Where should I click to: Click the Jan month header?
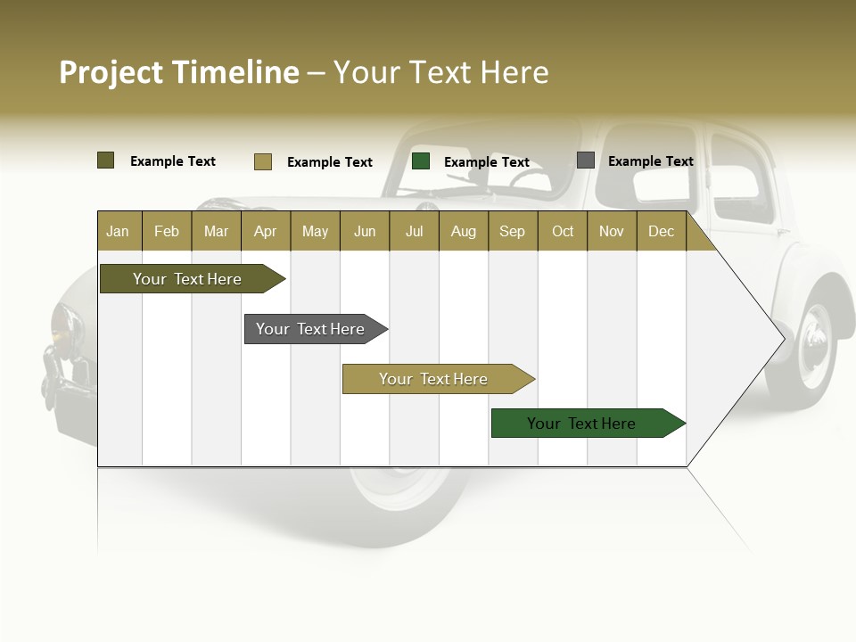tap(118, 232)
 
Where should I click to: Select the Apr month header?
tap(265, 232)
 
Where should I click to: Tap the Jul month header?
tap(414, 232)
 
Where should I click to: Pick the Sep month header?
tap(512, 232)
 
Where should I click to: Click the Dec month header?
tap(661, 232)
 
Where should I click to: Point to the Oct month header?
tap(563, 232)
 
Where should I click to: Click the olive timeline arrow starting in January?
tap(187, 279)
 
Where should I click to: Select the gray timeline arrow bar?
tap(310, 329)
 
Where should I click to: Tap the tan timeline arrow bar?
tap(433, 379)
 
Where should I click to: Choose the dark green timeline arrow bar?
tap(581, 424)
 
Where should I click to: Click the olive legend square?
tap(105, 160)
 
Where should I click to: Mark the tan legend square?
tap(262, 161)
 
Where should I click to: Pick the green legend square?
tap(421, 161)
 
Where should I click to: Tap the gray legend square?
tap(586, 160)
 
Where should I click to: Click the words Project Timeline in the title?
tap(179, 72)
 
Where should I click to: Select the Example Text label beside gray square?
tap(650, 161)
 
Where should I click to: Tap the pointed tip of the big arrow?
tap(783, 338)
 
